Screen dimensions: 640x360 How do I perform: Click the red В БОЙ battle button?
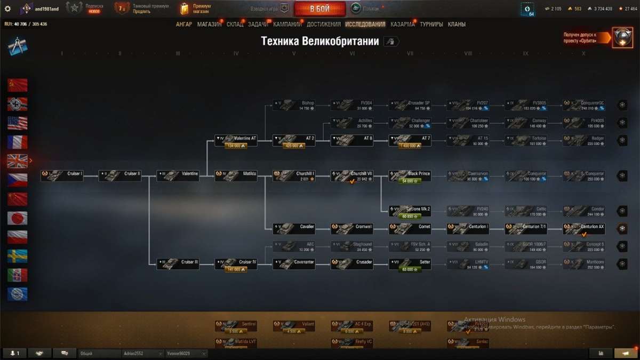click(x=319, y=9)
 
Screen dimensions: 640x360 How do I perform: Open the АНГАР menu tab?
click(x=184, y=25)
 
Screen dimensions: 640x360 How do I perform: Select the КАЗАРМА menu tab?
click(x=402, y=25)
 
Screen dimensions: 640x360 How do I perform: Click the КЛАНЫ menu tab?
click(x=457, y=25)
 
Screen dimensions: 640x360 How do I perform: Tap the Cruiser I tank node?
click(x=62, y=176)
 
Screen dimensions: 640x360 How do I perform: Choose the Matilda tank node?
click(x=236, y=176)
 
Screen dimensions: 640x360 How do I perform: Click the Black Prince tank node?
click(x=410, y=176)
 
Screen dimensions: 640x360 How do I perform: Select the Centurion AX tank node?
click(x=584, y=229)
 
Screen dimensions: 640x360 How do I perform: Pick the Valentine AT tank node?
click(x=236, y=141)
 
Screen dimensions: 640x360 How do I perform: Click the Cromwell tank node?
click(x=352, y=229)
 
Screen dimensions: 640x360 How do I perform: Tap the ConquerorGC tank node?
click(x=584, y=105)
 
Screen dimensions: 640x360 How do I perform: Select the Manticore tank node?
click(x=584, y=264)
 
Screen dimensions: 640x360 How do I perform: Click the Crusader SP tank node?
click(x=410, y=105)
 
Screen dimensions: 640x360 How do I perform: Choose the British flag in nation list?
click(x=18, y=161)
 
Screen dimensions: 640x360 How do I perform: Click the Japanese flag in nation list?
click(x=18, y=218)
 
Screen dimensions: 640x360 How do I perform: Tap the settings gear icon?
click(x=7, y=9)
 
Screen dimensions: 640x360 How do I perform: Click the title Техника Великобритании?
click(x=319, y=42)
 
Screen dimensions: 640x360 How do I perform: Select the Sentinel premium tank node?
click(x=236, y=326)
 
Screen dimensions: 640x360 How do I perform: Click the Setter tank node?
click(x=410, y=264)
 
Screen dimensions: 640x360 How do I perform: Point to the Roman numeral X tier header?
click(x=583, y=53)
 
